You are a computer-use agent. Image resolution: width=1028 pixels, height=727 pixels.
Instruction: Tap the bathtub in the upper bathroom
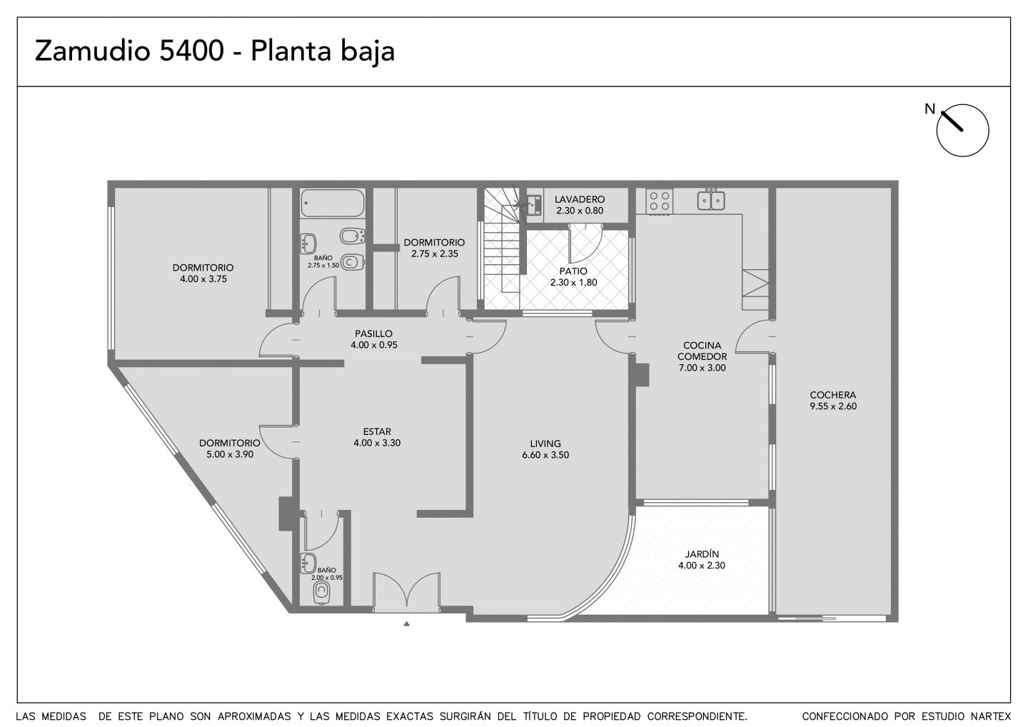click(333, 203)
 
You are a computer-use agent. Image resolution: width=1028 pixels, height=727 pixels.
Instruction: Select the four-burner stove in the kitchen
click(659, 201)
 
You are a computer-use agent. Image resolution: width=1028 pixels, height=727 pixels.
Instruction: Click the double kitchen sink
click(711, 200)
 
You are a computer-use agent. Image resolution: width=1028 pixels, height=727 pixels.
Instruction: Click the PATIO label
click(573, 271)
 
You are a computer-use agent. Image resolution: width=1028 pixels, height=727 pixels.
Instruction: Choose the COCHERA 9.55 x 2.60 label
click(833, 400)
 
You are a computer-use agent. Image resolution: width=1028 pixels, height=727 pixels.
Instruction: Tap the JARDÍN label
click(702, 554)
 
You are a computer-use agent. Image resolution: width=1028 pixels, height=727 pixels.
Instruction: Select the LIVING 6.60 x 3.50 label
click(545, 449)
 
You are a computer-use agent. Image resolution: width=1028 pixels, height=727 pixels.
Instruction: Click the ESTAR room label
click(377, 431)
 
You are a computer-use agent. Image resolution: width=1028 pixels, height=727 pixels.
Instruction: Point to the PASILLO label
click(373, 334)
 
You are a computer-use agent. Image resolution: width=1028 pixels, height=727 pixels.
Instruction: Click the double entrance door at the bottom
click(406, 591)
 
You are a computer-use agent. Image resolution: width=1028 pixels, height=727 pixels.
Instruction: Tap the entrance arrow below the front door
click(406, 623)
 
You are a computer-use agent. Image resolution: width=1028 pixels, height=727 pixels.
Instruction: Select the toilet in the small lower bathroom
click(322, 593)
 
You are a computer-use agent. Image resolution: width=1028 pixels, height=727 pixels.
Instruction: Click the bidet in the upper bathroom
click(353, 237)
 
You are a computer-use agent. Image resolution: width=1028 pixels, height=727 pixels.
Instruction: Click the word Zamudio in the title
click(93, 51)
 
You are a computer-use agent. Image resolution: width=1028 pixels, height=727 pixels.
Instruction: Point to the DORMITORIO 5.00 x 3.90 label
click(229, 449)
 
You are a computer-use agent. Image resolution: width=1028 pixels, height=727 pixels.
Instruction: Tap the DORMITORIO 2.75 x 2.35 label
click(434, 248)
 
